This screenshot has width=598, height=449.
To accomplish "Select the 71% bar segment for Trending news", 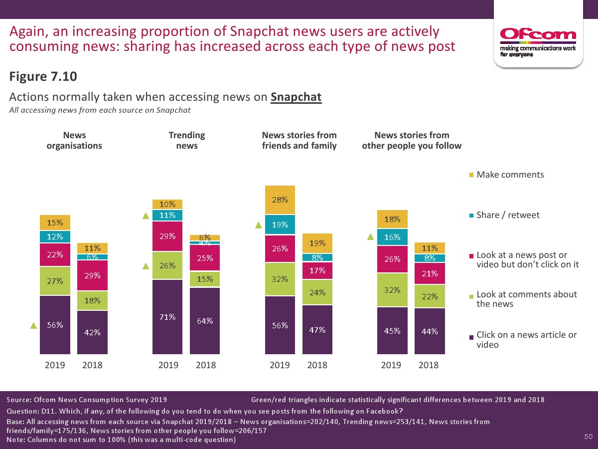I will [167, 316].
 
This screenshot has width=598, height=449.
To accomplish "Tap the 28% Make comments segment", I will [280, 200].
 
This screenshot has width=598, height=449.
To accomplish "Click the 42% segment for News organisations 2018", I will [92, 332].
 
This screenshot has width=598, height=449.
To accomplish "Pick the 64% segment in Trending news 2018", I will [205, 321].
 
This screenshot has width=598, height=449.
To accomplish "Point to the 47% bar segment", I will [317, 329].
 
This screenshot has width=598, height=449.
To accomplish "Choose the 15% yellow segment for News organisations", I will [55, 223].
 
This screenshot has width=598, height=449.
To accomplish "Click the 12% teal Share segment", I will [55, 236].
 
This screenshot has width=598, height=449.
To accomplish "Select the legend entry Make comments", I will [510, 175].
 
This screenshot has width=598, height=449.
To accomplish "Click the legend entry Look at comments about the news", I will [526, 299].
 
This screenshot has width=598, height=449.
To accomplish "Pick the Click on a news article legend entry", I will [526, 339].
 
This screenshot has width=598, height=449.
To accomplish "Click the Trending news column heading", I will [187, 140].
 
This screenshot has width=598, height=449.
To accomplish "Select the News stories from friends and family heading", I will [299, 140].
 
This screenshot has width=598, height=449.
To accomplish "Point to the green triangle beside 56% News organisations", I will [33, 326].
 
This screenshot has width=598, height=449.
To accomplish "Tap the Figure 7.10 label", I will [43, 77].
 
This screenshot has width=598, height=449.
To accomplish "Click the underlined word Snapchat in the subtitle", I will [296, 97].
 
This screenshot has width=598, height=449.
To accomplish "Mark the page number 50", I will [588, 437].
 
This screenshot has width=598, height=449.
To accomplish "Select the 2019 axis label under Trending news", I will [168, 365].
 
